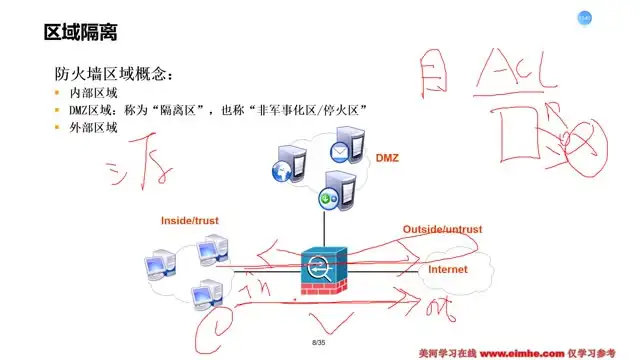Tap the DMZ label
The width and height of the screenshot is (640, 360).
[x=387, y=158]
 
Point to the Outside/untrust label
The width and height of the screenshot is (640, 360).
[x=442, y=230]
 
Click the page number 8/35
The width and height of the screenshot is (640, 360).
[x=320, y=343]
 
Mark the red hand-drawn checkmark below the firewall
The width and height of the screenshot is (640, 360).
[x=330, y=322]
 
